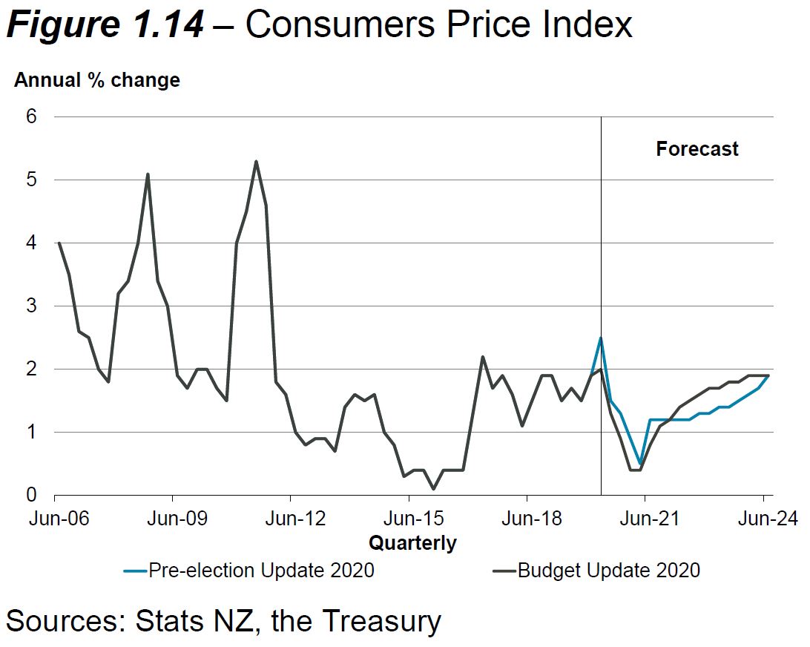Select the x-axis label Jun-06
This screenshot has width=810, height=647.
pos(59,519)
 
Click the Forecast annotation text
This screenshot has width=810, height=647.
pos(697,149)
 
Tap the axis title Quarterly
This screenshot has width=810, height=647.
pos(412,543)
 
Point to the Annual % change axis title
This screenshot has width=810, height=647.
pos(97,80)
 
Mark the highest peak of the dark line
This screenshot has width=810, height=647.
pos(256,161)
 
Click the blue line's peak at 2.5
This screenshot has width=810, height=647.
pos(601,338)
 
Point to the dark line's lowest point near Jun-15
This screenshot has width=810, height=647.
pos(433,488)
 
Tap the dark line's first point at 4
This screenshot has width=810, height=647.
pos(59,243)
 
